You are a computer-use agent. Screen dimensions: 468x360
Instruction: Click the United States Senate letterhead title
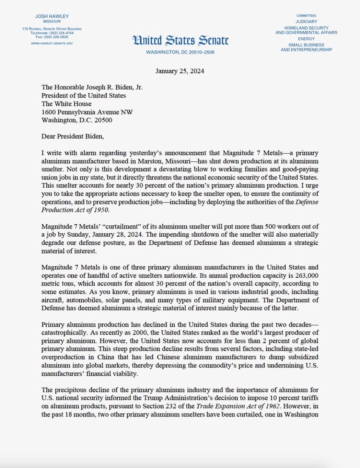(180, 40)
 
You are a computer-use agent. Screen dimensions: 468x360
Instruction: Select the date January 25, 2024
(180, 71)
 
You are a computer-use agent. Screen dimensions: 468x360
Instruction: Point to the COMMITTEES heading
(306, 15)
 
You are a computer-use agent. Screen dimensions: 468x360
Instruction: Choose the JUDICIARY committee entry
(306, 21)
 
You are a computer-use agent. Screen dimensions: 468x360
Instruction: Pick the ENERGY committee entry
(306, 39)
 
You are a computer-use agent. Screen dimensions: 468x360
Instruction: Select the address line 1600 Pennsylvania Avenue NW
(87, 112)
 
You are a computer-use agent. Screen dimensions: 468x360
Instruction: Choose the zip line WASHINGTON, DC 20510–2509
(180, 52)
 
